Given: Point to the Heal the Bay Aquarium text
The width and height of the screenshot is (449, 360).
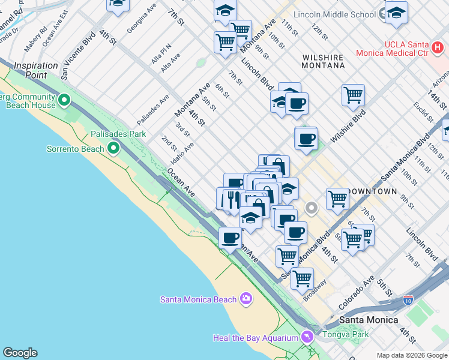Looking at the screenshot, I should pyautogui.click(x=256, y=338).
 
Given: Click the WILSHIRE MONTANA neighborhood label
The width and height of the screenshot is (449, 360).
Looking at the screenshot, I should pyautogui.click(x=323, y=61).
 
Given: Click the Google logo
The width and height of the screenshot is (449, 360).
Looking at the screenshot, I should pyautogui.click(x=20, y=353).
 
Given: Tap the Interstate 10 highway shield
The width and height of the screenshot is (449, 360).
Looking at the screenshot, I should pyautogui.click(x=408, y=298).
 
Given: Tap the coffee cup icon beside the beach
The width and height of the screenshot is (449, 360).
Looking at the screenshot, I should pyautogui.click(x=230, y=238).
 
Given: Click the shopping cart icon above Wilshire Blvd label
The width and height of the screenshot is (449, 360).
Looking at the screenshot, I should pyautogui.click(x=353, y=94).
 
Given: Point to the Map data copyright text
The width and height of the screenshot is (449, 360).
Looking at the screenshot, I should pyautogui.click(x=411, y=355).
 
